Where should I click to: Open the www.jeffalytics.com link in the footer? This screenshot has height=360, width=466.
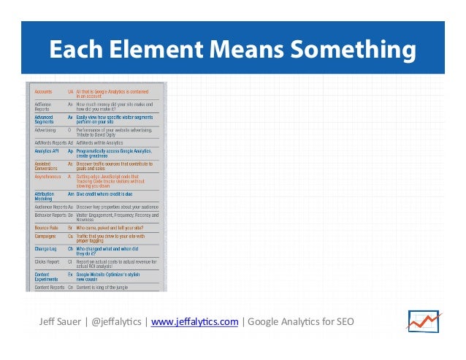[194, 321]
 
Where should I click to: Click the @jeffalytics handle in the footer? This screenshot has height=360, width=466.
[118, 321]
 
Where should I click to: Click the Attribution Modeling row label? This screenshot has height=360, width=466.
[45, 196]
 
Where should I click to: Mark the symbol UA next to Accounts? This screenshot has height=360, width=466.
[71, 91]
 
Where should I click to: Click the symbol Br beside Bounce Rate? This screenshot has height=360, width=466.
[71, 228]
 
